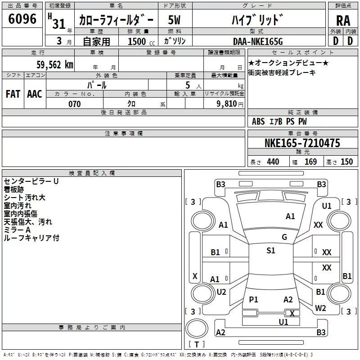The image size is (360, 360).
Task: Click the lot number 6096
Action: [x=22, y=19]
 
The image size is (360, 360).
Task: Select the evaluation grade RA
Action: [x=343, y=20]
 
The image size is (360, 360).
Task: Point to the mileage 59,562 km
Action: [x=55, y=64]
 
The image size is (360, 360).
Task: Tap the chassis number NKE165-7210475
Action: [x=302, y=144]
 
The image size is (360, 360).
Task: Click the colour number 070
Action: [x=74, y=104]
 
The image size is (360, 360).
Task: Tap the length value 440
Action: [x=273, y=162]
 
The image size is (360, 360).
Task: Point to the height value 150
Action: [x=346, y=162]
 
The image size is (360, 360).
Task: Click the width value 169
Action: [x=310, y=162]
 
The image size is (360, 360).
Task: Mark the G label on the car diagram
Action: [x=284, y=237]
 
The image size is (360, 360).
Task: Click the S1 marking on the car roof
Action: [x=270, y=251]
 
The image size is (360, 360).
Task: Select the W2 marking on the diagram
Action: [x=320, y=308]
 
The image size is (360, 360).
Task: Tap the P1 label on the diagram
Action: [x=253, y=299]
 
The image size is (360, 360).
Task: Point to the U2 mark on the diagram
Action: [x=221, y=292]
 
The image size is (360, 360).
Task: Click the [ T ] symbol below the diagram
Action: [x=197, y=344]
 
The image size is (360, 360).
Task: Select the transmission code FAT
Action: [x=13, y=94]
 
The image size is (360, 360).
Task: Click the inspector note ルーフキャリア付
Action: [x=31, y=238]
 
